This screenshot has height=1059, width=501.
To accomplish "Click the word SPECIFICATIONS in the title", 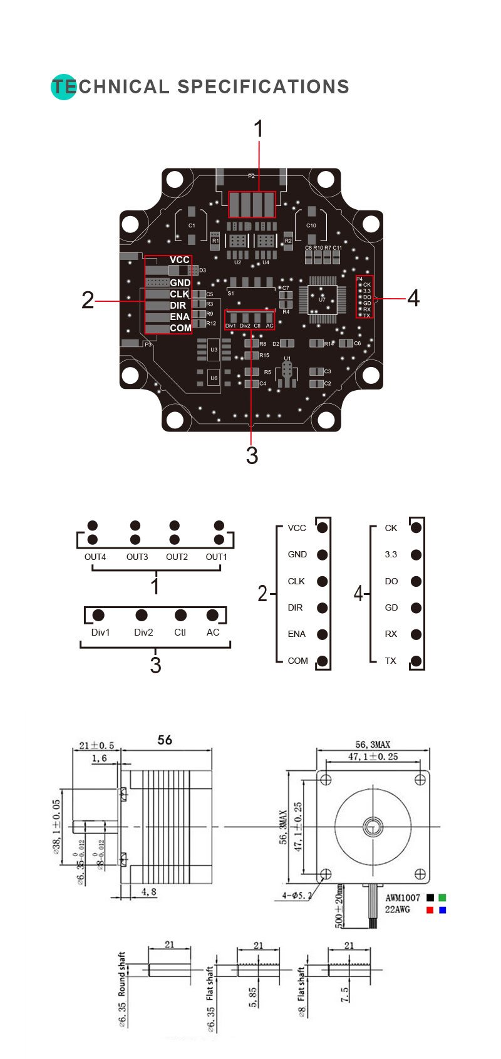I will click(x=263, y=86).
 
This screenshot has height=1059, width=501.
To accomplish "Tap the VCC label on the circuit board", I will click(x=179, y=260).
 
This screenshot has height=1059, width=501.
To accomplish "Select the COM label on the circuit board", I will click(x=180, y=328).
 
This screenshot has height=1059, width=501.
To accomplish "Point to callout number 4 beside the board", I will click(x=413, y=298).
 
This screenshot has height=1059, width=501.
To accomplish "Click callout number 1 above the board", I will click(x=258, y=130).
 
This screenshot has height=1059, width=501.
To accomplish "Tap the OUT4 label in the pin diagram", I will click(x=95, y=557).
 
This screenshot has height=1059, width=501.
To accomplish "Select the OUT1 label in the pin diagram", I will click(x=217, y=557).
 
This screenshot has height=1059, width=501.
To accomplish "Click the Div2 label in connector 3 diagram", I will click(x=143, y=633).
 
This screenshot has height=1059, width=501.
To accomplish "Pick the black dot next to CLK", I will click(x=323, y=581).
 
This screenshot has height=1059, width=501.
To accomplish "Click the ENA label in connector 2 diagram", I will click(x=297, y=634).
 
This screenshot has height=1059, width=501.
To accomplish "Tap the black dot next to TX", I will click(x=416, y=661).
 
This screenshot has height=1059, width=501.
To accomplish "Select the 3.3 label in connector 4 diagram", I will click(x=391, y=554).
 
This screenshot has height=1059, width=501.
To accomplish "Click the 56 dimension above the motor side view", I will click(x=165, y=740).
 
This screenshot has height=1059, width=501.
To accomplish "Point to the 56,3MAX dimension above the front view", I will click(x=373, y=745).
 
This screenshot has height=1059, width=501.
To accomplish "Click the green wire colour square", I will click(x=443, y=897).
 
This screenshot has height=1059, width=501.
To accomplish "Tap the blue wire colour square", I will click(x=443, y=910).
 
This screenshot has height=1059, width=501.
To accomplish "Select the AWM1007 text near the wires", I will click(x=402, y=897).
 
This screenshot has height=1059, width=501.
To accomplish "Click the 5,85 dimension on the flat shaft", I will click(x=253, y=997).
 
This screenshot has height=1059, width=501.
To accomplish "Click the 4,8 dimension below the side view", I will click(x=149, y=892).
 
